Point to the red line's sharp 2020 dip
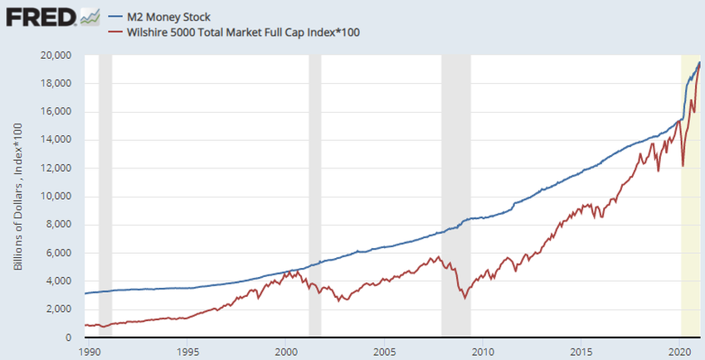tap(683, 166)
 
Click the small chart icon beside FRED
tap(91, 16)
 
